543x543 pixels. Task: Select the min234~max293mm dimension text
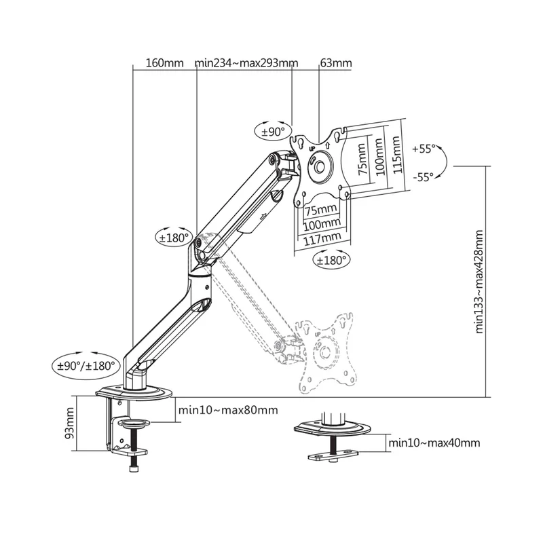(246, 64)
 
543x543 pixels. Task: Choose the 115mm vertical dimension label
(396, 155)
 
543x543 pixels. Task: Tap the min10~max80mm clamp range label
(227, 410)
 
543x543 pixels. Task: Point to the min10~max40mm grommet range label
(434, 443)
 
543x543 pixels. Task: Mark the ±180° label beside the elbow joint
(172, 238)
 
